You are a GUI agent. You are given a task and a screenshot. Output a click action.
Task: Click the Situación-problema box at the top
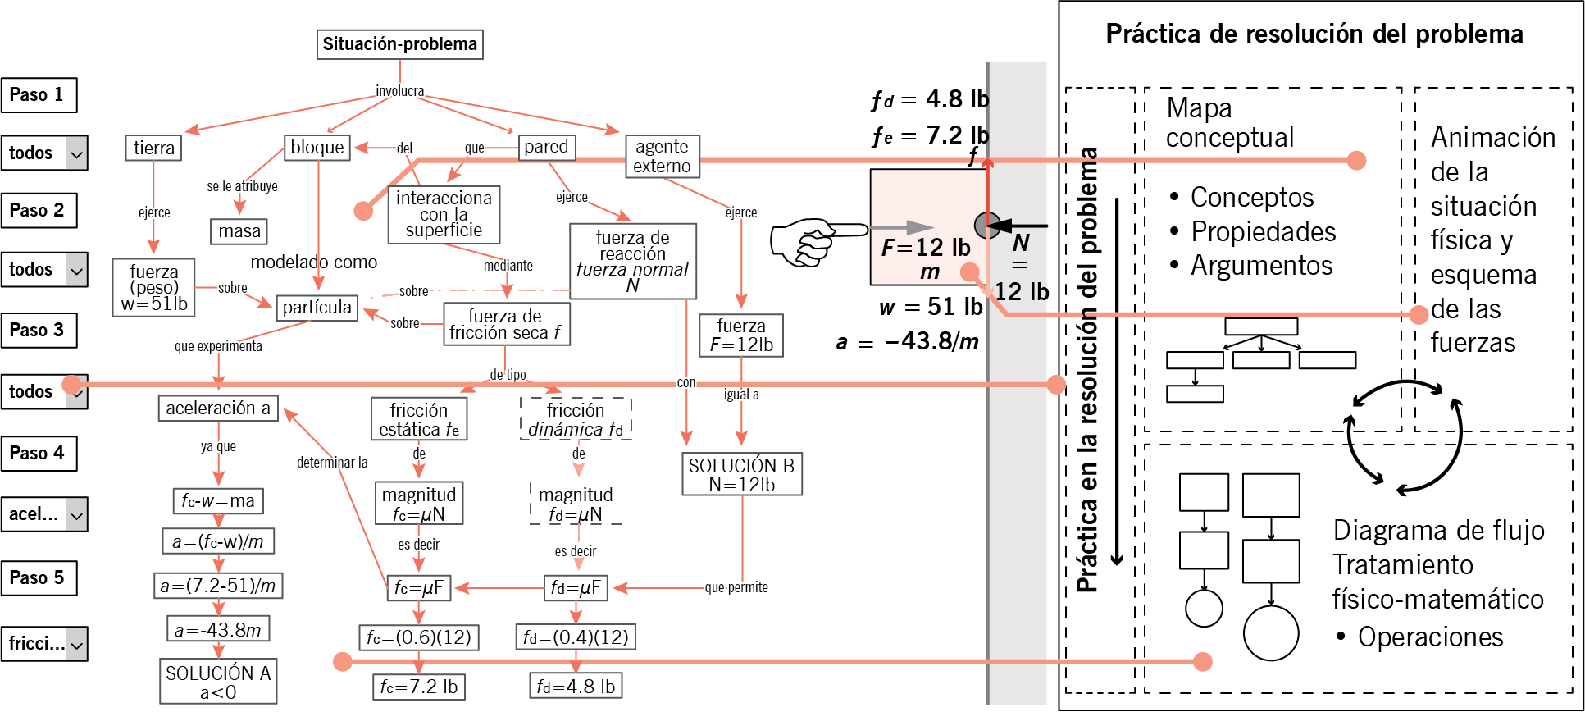pos(399,44)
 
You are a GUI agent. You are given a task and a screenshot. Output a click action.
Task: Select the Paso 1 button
pos(39,95)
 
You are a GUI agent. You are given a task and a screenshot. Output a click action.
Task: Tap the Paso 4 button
pos(39,454)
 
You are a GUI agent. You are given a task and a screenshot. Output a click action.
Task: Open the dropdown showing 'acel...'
pos(44,514)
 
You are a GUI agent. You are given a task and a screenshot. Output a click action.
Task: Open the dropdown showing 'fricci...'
pos(44,644)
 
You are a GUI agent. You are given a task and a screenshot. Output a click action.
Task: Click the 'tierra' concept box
pos(153,148)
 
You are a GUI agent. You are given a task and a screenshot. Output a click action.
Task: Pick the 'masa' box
pos(239,231)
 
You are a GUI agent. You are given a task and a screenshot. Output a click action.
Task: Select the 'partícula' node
pos(317,308)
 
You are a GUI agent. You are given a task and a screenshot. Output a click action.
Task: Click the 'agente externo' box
pos(662,156)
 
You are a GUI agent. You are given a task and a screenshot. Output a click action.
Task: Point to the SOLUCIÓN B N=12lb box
pos(742,474)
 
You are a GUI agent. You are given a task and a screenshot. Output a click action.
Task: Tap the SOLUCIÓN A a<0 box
pos(218,682)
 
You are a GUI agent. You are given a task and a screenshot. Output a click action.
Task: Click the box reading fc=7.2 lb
pos(419,687)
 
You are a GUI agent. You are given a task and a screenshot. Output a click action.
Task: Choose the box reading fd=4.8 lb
pos(576,687)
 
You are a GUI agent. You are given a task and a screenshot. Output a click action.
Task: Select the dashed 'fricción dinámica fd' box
pos(576,419)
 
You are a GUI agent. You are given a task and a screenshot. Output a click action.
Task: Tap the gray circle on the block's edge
pos(986,225)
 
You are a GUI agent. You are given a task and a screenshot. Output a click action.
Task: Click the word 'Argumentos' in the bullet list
pos(1262,267)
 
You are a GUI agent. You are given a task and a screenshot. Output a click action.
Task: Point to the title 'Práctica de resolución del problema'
pos(1314,34)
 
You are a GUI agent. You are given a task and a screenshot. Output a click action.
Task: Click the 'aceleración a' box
pos(218,408)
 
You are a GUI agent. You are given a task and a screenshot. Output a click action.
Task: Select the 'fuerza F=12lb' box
pos(741,335)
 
